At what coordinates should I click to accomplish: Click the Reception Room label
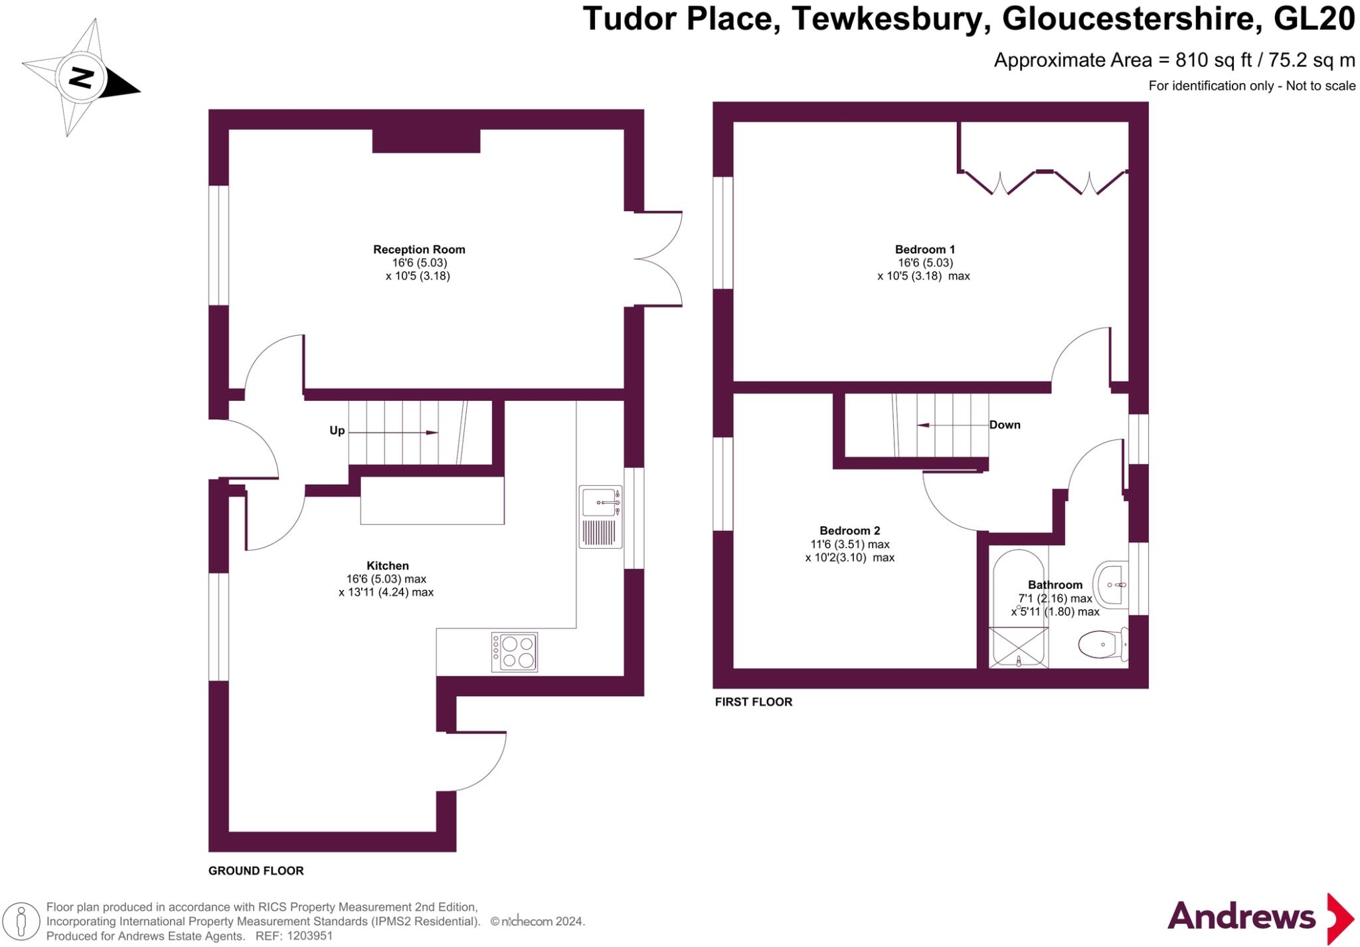coord(418,250)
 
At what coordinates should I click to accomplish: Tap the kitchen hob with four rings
coord(515,652)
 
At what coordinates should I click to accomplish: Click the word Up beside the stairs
coord(337,431)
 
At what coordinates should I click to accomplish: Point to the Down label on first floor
coord(1004,425)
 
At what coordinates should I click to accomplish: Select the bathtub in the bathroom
coord(1018,607)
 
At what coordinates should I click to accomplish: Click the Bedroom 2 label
coord(849,530)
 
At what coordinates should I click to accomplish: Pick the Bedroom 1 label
coord(924,250)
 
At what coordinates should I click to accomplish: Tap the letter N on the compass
coord(81,78)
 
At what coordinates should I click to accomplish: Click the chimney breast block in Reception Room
coord(426,141)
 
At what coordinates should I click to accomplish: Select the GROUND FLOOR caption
coord(256,871)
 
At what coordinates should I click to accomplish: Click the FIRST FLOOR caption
coord(753,701)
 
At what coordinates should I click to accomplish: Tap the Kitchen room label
coord(387,565)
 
